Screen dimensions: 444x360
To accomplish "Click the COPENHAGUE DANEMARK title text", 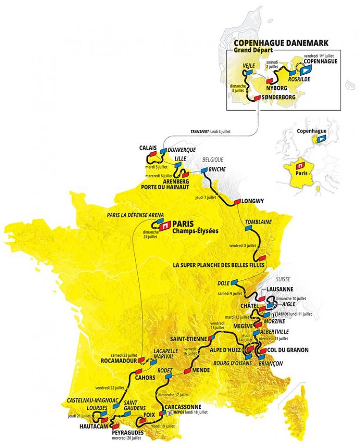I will click(x=281, y=43).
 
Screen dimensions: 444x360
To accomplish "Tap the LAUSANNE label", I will click(x=280, y=289).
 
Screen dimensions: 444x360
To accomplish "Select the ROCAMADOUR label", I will click(x=117, y=361).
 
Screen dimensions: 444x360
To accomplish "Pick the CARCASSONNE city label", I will click(x=183, y=407).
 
